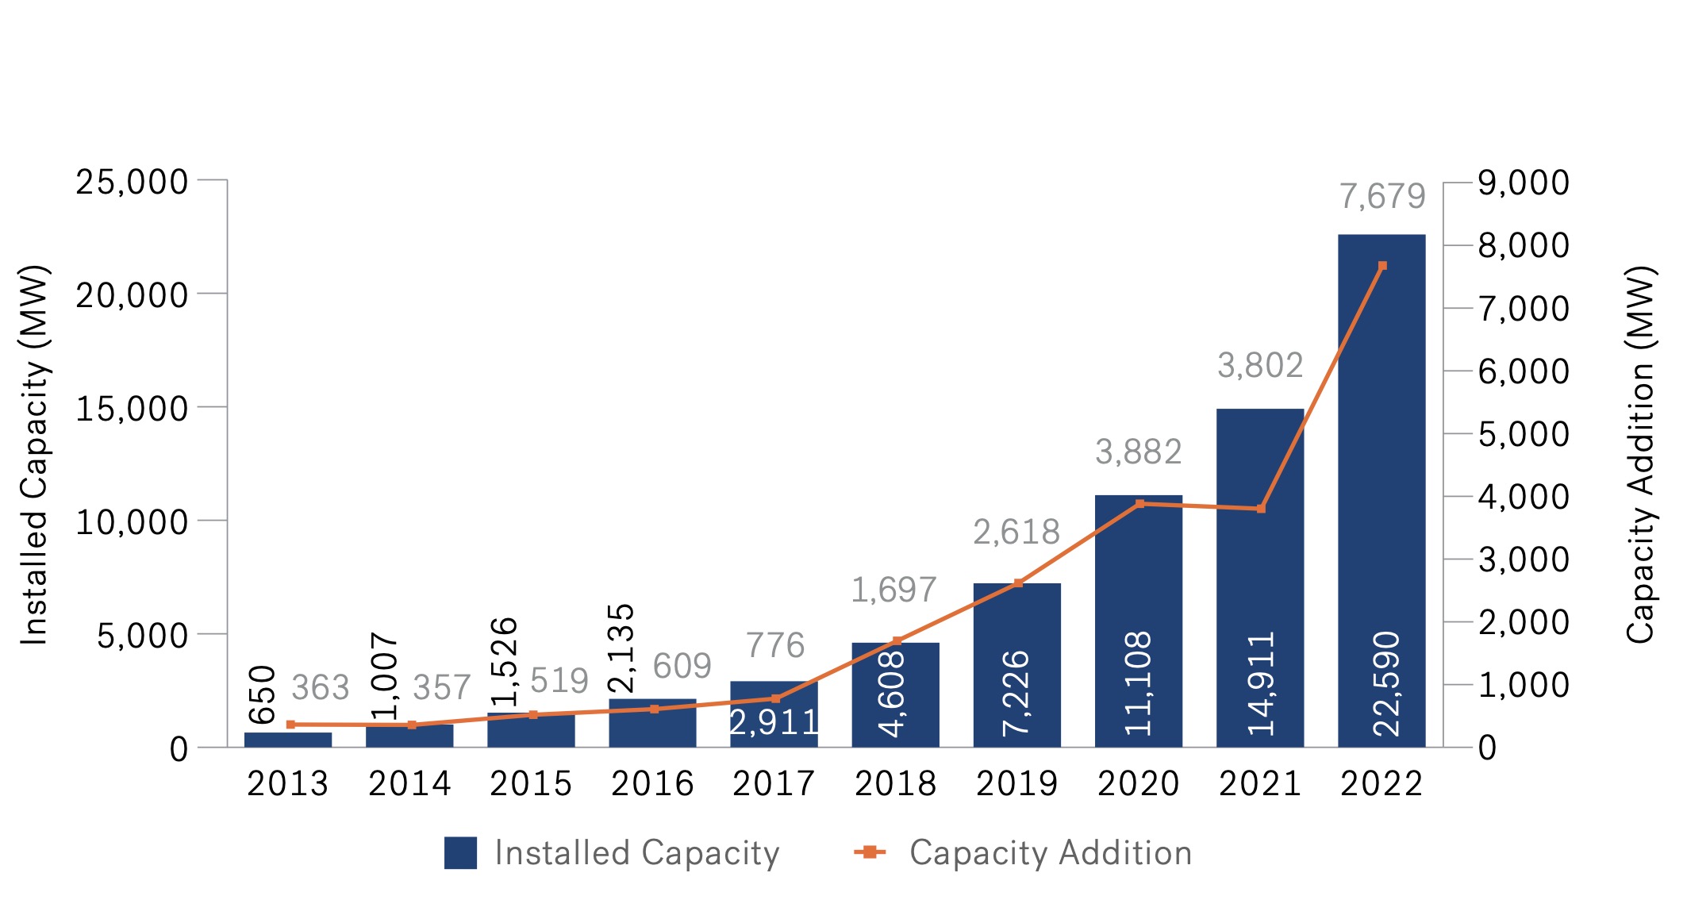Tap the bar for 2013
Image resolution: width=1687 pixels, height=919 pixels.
[x=287, y=740]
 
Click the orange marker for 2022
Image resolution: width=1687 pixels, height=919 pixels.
[x=1382, y=266]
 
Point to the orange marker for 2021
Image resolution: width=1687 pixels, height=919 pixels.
[x=1261, y=509]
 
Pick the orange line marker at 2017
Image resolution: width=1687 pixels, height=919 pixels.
[x=775, y=698]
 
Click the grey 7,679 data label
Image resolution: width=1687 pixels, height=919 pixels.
[x=1382, y=196]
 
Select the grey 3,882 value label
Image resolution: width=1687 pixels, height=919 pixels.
[x=1139, y=452]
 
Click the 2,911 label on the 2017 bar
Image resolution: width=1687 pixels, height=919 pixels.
[x=774, y=723]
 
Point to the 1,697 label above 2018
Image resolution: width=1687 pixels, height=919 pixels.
[x=894, y=590]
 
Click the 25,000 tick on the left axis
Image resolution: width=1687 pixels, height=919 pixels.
[x=132, y=182]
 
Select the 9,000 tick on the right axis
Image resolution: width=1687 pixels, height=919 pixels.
[x=1523, y=182]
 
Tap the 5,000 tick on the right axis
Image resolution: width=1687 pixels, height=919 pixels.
[x=1523, y=434]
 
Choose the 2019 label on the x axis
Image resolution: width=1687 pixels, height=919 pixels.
[x=1017, y=784]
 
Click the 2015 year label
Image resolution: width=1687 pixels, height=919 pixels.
[x=531, y=784]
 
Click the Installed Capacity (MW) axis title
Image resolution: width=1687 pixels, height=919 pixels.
[x=35, y=454]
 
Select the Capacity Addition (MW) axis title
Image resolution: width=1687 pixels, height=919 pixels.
[x=1640, y=454]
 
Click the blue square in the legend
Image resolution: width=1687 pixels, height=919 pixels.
[x=460, y=853]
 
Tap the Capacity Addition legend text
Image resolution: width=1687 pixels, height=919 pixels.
[x=1050, y=853]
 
